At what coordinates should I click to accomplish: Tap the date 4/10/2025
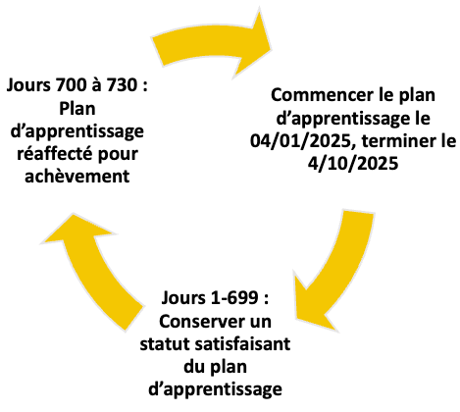point(353,164)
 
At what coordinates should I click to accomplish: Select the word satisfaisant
point(242,344)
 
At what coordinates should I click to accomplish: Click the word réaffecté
point(55,153)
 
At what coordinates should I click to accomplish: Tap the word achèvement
point(77,177)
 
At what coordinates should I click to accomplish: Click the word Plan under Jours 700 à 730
point(77,109)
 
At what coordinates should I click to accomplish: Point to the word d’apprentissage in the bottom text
point(215,389)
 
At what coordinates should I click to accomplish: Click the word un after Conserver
point(261,323)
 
